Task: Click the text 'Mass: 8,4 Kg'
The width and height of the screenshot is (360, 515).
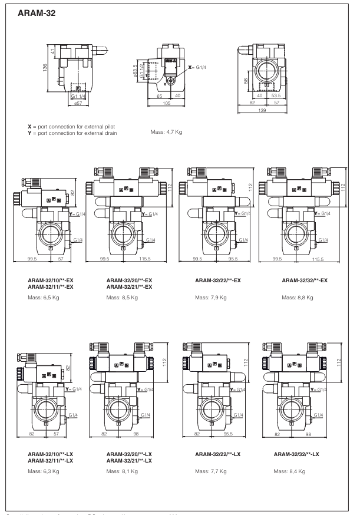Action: [x=289, y=472]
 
